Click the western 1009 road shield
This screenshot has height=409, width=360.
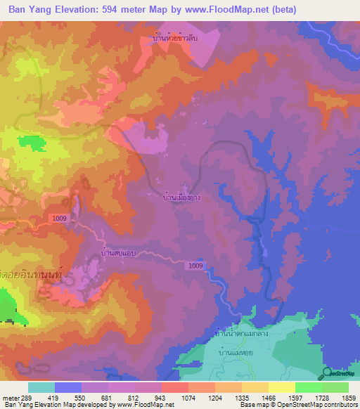(60, 219)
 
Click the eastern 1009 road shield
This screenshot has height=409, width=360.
(196, 266)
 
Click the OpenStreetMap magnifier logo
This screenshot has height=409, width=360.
(326, 374)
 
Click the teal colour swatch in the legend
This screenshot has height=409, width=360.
(41, 387)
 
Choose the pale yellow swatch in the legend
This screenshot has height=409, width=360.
(281, 387)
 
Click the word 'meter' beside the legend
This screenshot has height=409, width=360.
(8, 397)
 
